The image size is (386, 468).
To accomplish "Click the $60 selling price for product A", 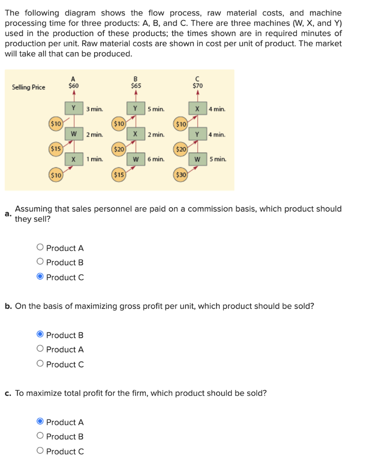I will coord(73,85).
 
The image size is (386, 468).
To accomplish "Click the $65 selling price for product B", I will coord(136,85).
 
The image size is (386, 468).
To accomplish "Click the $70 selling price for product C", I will coord(198,85).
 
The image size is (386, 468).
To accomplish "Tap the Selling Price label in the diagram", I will coord(29,87).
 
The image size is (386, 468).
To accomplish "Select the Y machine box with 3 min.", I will coord(73,109).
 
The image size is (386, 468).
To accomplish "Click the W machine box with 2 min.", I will coord(73,134).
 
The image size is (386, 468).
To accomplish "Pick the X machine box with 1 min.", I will coord(73,159).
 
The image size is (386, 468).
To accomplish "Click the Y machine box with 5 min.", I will coord(136,109).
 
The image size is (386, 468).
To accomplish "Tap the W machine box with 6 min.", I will coord(136,159).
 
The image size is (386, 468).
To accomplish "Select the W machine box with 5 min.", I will coord(197,159).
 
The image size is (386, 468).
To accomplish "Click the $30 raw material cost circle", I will coord(181,175).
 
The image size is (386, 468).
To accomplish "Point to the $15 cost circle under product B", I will coord(119,175).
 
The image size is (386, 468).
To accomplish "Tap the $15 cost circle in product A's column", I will coord(56,149).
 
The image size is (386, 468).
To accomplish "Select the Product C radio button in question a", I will coord(41,277).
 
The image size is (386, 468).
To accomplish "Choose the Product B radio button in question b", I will coord(41,335).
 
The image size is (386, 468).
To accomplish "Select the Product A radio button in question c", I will coord(41,422).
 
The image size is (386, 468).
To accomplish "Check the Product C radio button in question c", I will coord(41,451).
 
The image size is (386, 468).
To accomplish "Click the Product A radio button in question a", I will coord(41,248).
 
